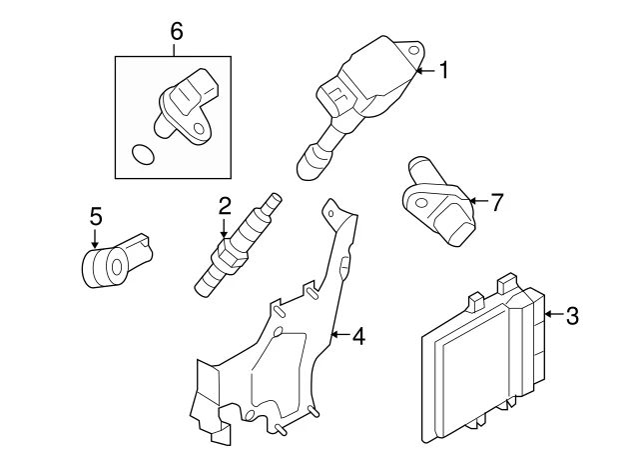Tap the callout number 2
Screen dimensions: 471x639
225,207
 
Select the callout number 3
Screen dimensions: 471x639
571,317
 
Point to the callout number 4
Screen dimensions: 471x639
358,336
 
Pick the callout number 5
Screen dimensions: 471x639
96,216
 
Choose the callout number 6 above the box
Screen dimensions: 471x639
177,31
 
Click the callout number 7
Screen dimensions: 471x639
497,202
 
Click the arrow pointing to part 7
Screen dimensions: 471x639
477,202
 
